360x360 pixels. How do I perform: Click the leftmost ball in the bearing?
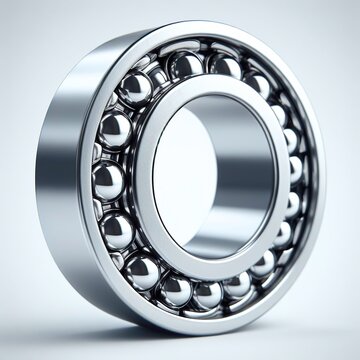coord(107,181)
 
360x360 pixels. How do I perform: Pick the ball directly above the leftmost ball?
coord(114,130)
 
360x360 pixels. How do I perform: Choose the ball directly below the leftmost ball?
coord(118,229)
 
